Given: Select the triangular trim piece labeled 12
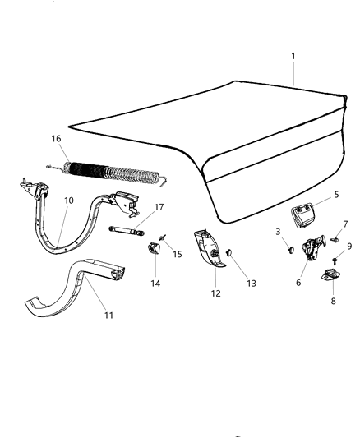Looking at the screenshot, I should pyautogui.click(x=210, y=251).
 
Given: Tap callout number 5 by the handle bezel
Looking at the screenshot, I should pyautogui.click(x=312, y=196).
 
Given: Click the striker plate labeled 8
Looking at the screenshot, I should pyautogui.click(x=332, y=274).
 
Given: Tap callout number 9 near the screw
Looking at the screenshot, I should pyautogui.click(x=348, y=245).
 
